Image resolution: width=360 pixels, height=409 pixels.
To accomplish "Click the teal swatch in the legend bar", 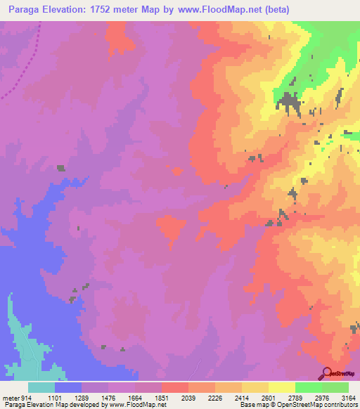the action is click(x=41, y=387).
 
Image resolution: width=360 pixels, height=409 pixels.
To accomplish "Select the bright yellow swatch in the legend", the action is click(x=281, y=387).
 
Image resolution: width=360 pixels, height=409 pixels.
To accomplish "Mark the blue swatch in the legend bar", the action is click(x=68, y=387).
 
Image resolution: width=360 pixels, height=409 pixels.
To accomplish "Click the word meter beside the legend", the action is click(x=11, y=397).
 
